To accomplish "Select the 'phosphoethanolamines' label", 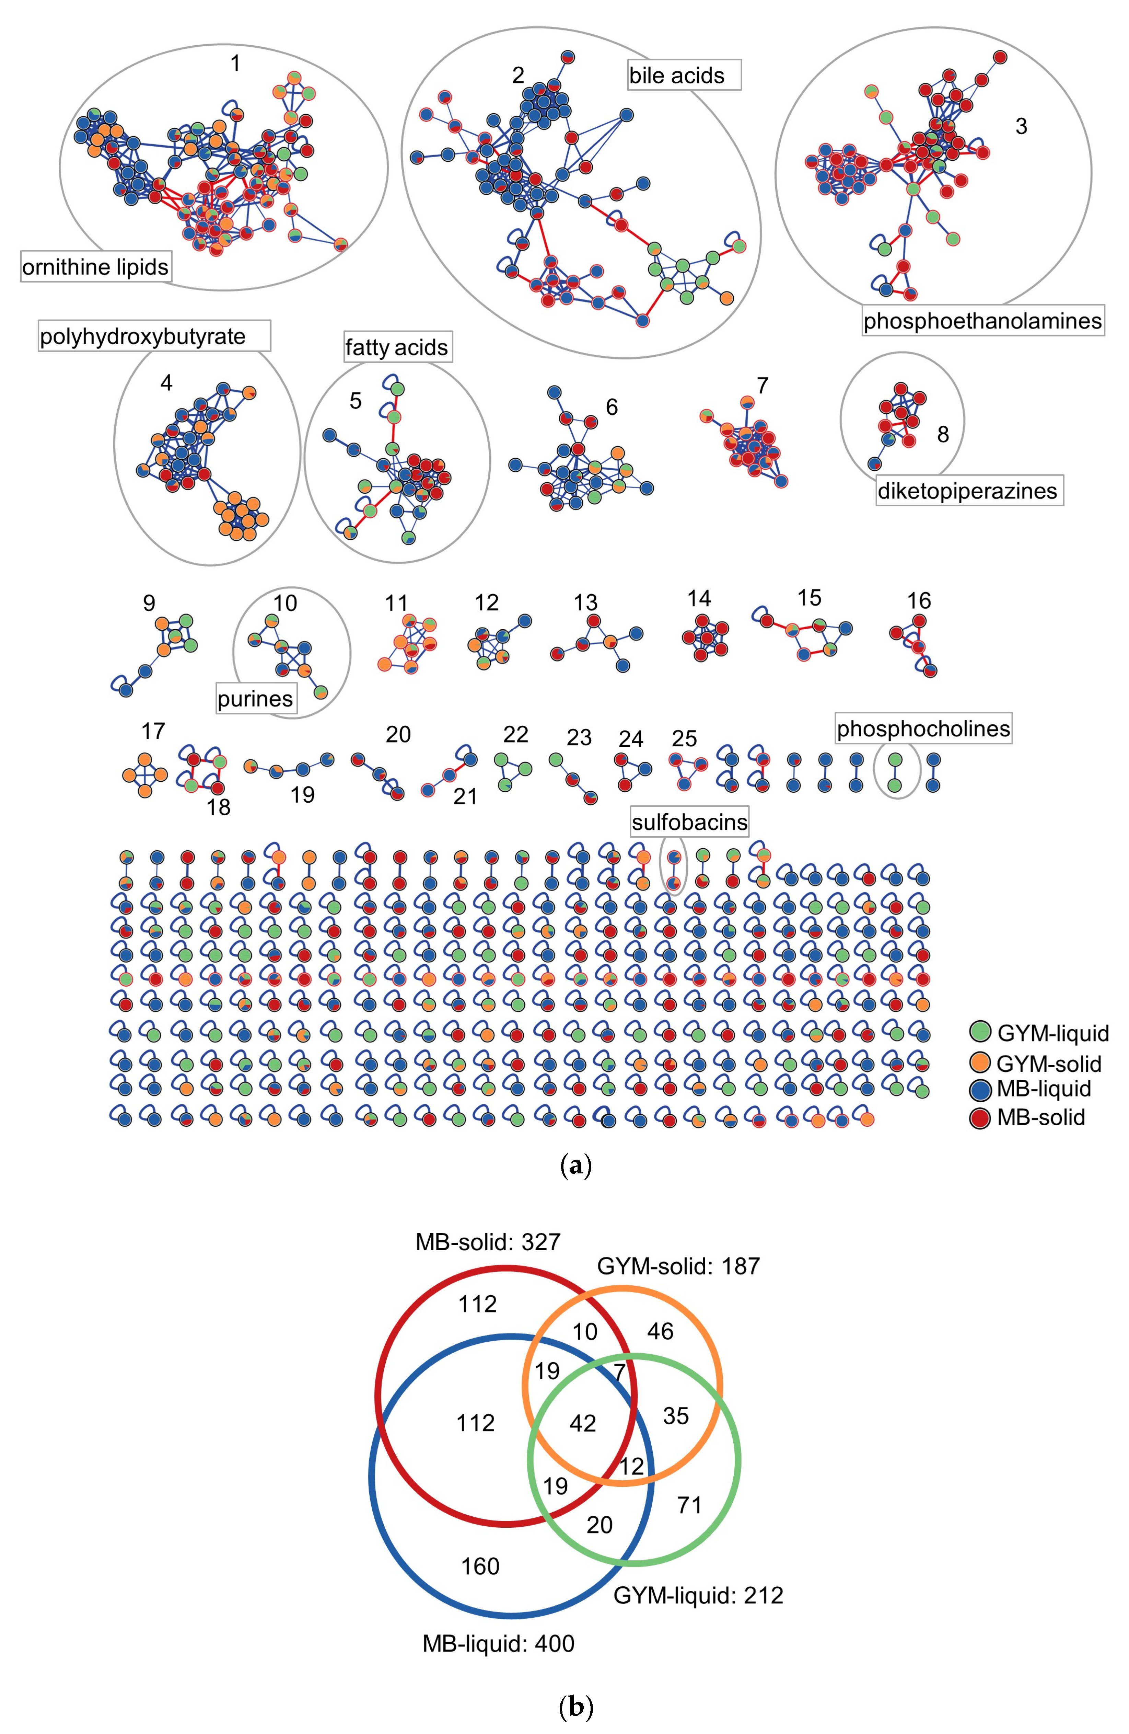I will (982, 321).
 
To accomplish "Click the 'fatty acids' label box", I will (397, 347).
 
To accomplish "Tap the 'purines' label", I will (255, 699).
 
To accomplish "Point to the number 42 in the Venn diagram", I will (583, 1423).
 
